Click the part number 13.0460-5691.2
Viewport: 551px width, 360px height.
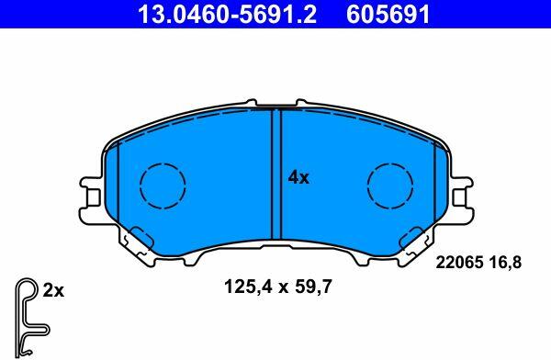click(x=228, y=14)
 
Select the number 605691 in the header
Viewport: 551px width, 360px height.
click(x=388, y=14)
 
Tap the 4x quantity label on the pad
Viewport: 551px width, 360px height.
click(x=298, y=178)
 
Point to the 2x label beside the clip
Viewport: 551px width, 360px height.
click(x=53, y=291)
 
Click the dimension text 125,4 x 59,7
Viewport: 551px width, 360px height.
click(x=277, y=287)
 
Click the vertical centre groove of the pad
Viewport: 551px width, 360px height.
click(x=276, y=174)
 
